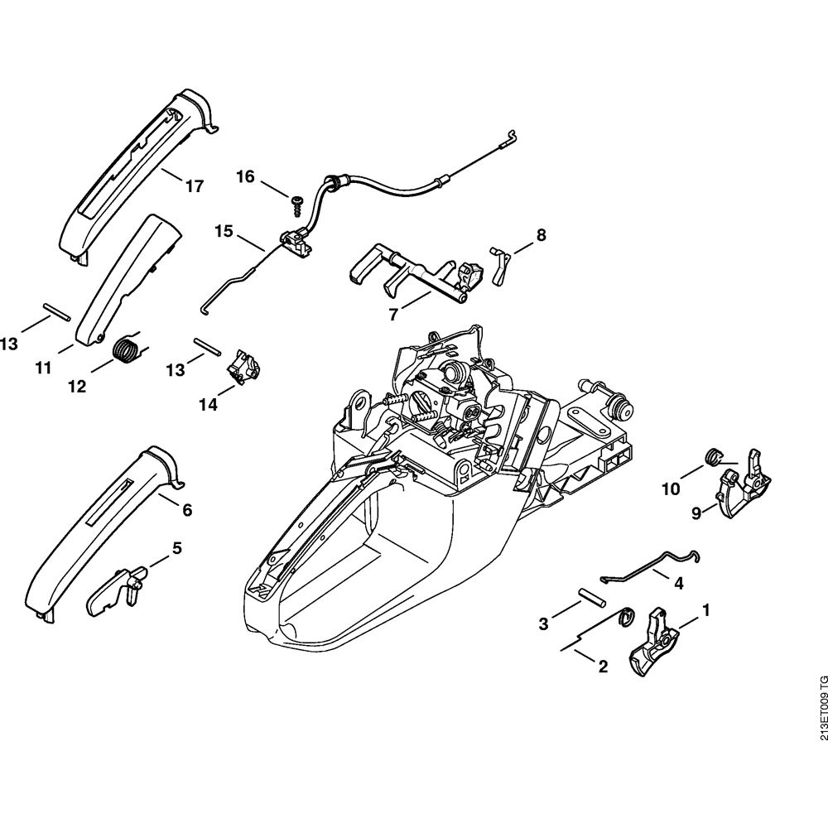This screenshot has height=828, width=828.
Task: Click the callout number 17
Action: pos(194,186)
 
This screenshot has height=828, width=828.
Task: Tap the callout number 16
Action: pos(245,176)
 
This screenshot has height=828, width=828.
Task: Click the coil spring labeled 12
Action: pos(126,348)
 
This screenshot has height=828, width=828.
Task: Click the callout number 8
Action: pos(541,235)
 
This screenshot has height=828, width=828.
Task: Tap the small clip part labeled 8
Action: pos(500,262)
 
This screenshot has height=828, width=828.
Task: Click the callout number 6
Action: pos(187,510)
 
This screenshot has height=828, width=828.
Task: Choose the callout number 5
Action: pos(177,548)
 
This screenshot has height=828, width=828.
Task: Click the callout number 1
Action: pos(706,610)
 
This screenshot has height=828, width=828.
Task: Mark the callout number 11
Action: pos(44,366)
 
